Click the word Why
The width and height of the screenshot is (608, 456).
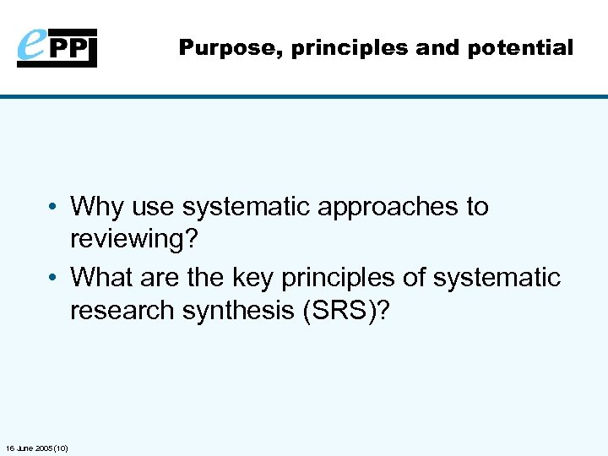[97, 207]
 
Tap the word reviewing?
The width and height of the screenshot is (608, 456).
[133, 241]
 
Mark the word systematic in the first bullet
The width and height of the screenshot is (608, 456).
[250, 208]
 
